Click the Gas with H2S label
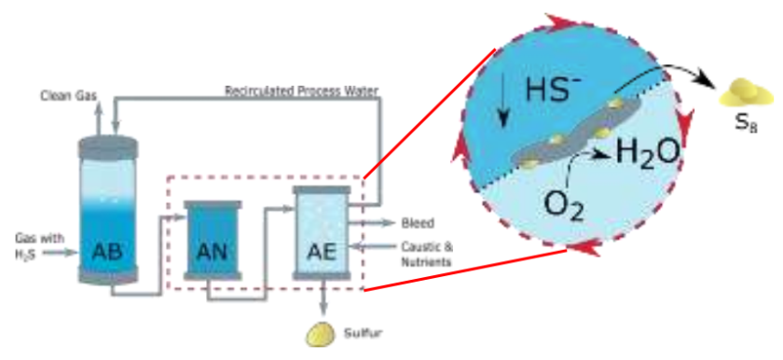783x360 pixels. click(x=39, y=244)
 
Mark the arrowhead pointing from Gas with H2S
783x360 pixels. click(x=69, y=251)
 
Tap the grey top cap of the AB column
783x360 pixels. click(x=107, y=145)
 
